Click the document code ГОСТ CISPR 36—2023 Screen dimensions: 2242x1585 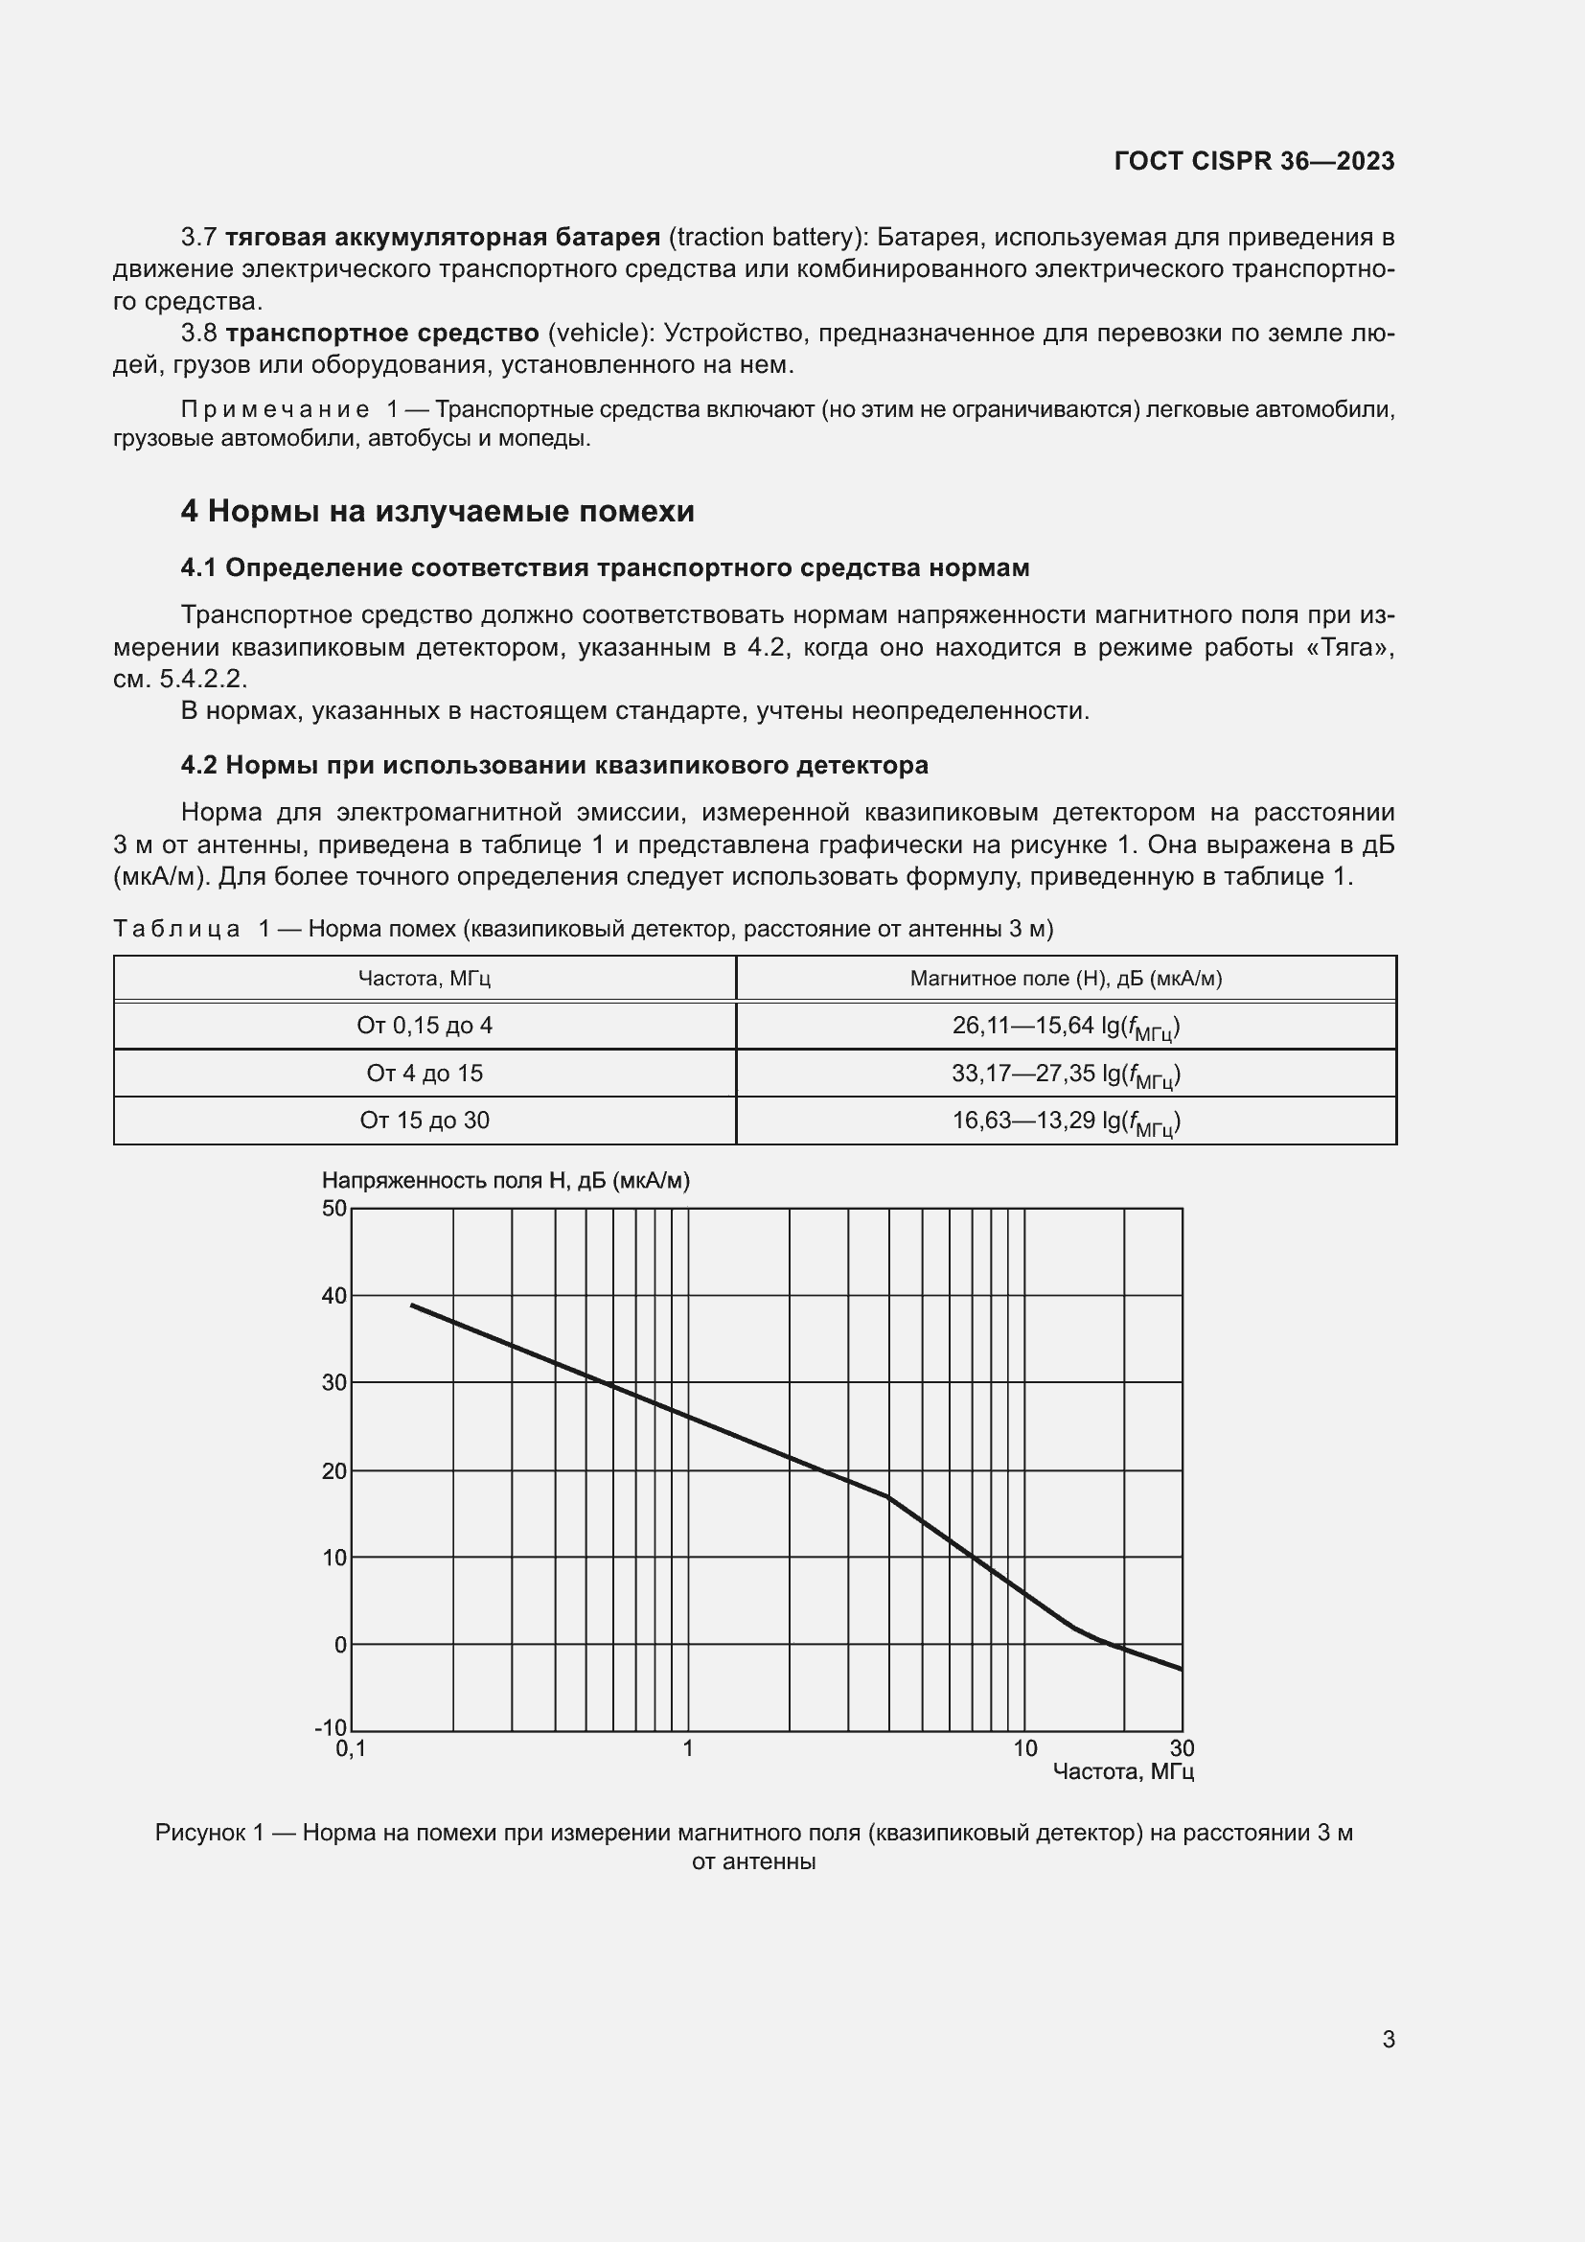tap(1254, 161)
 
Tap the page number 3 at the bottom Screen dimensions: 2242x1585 tap(1388, 2039)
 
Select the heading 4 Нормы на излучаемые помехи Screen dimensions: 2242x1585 tap(437, 511)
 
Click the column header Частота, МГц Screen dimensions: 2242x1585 tap(424, 978)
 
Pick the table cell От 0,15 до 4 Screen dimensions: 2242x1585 tap(424, 1026)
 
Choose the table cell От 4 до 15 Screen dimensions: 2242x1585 tap(424, 1074)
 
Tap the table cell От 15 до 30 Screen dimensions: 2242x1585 tap(424, 1120)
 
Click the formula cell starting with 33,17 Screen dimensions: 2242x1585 tap(1066, 1075)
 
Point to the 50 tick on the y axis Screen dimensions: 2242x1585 tap(333, 1208)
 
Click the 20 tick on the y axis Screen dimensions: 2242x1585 tap(333, 1470)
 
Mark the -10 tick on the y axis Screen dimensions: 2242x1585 tap(330, 1728)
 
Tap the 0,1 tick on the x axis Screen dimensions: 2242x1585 tap(351, 1749)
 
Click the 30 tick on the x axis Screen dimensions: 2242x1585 tap(1182, 1749)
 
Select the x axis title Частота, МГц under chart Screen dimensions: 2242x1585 tap(1122, 1771)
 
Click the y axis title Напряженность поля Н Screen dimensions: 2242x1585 tap(505, 1181)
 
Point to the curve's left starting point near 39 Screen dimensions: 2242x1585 tap(412, 1305)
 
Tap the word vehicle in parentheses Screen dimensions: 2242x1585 tap(599, 333)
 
